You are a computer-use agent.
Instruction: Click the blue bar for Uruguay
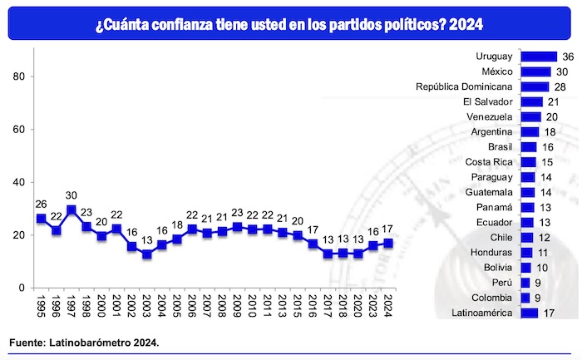pyautogui.click(x=538, y=57)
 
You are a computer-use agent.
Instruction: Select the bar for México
pyautogui.click(x=535, y=72)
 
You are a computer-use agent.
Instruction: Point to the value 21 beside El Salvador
pyautogui.click(x=552, y=101)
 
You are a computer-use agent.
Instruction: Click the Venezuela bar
pyautogui.click(x=530, y=116)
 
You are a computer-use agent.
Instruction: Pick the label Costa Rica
pyautogui.click(x=488, y=161)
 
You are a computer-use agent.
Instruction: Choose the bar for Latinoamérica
pyautogui.click(x=528, y=313)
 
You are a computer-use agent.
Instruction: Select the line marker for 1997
pyautogui.click(x=72, y=210)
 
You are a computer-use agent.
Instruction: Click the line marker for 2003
pyautogui.click(x=147, y=254)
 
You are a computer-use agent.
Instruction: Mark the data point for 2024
pyautogui.click(x=388, y=244)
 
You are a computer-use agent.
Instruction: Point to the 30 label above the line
pyautogui.click(x=72, y=196)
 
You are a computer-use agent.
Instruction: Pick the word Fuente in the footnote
pyautogui.click(x=27, y=343)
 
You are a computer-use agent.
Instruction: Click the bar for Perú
pyautogui.click(x=525, y=283)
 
